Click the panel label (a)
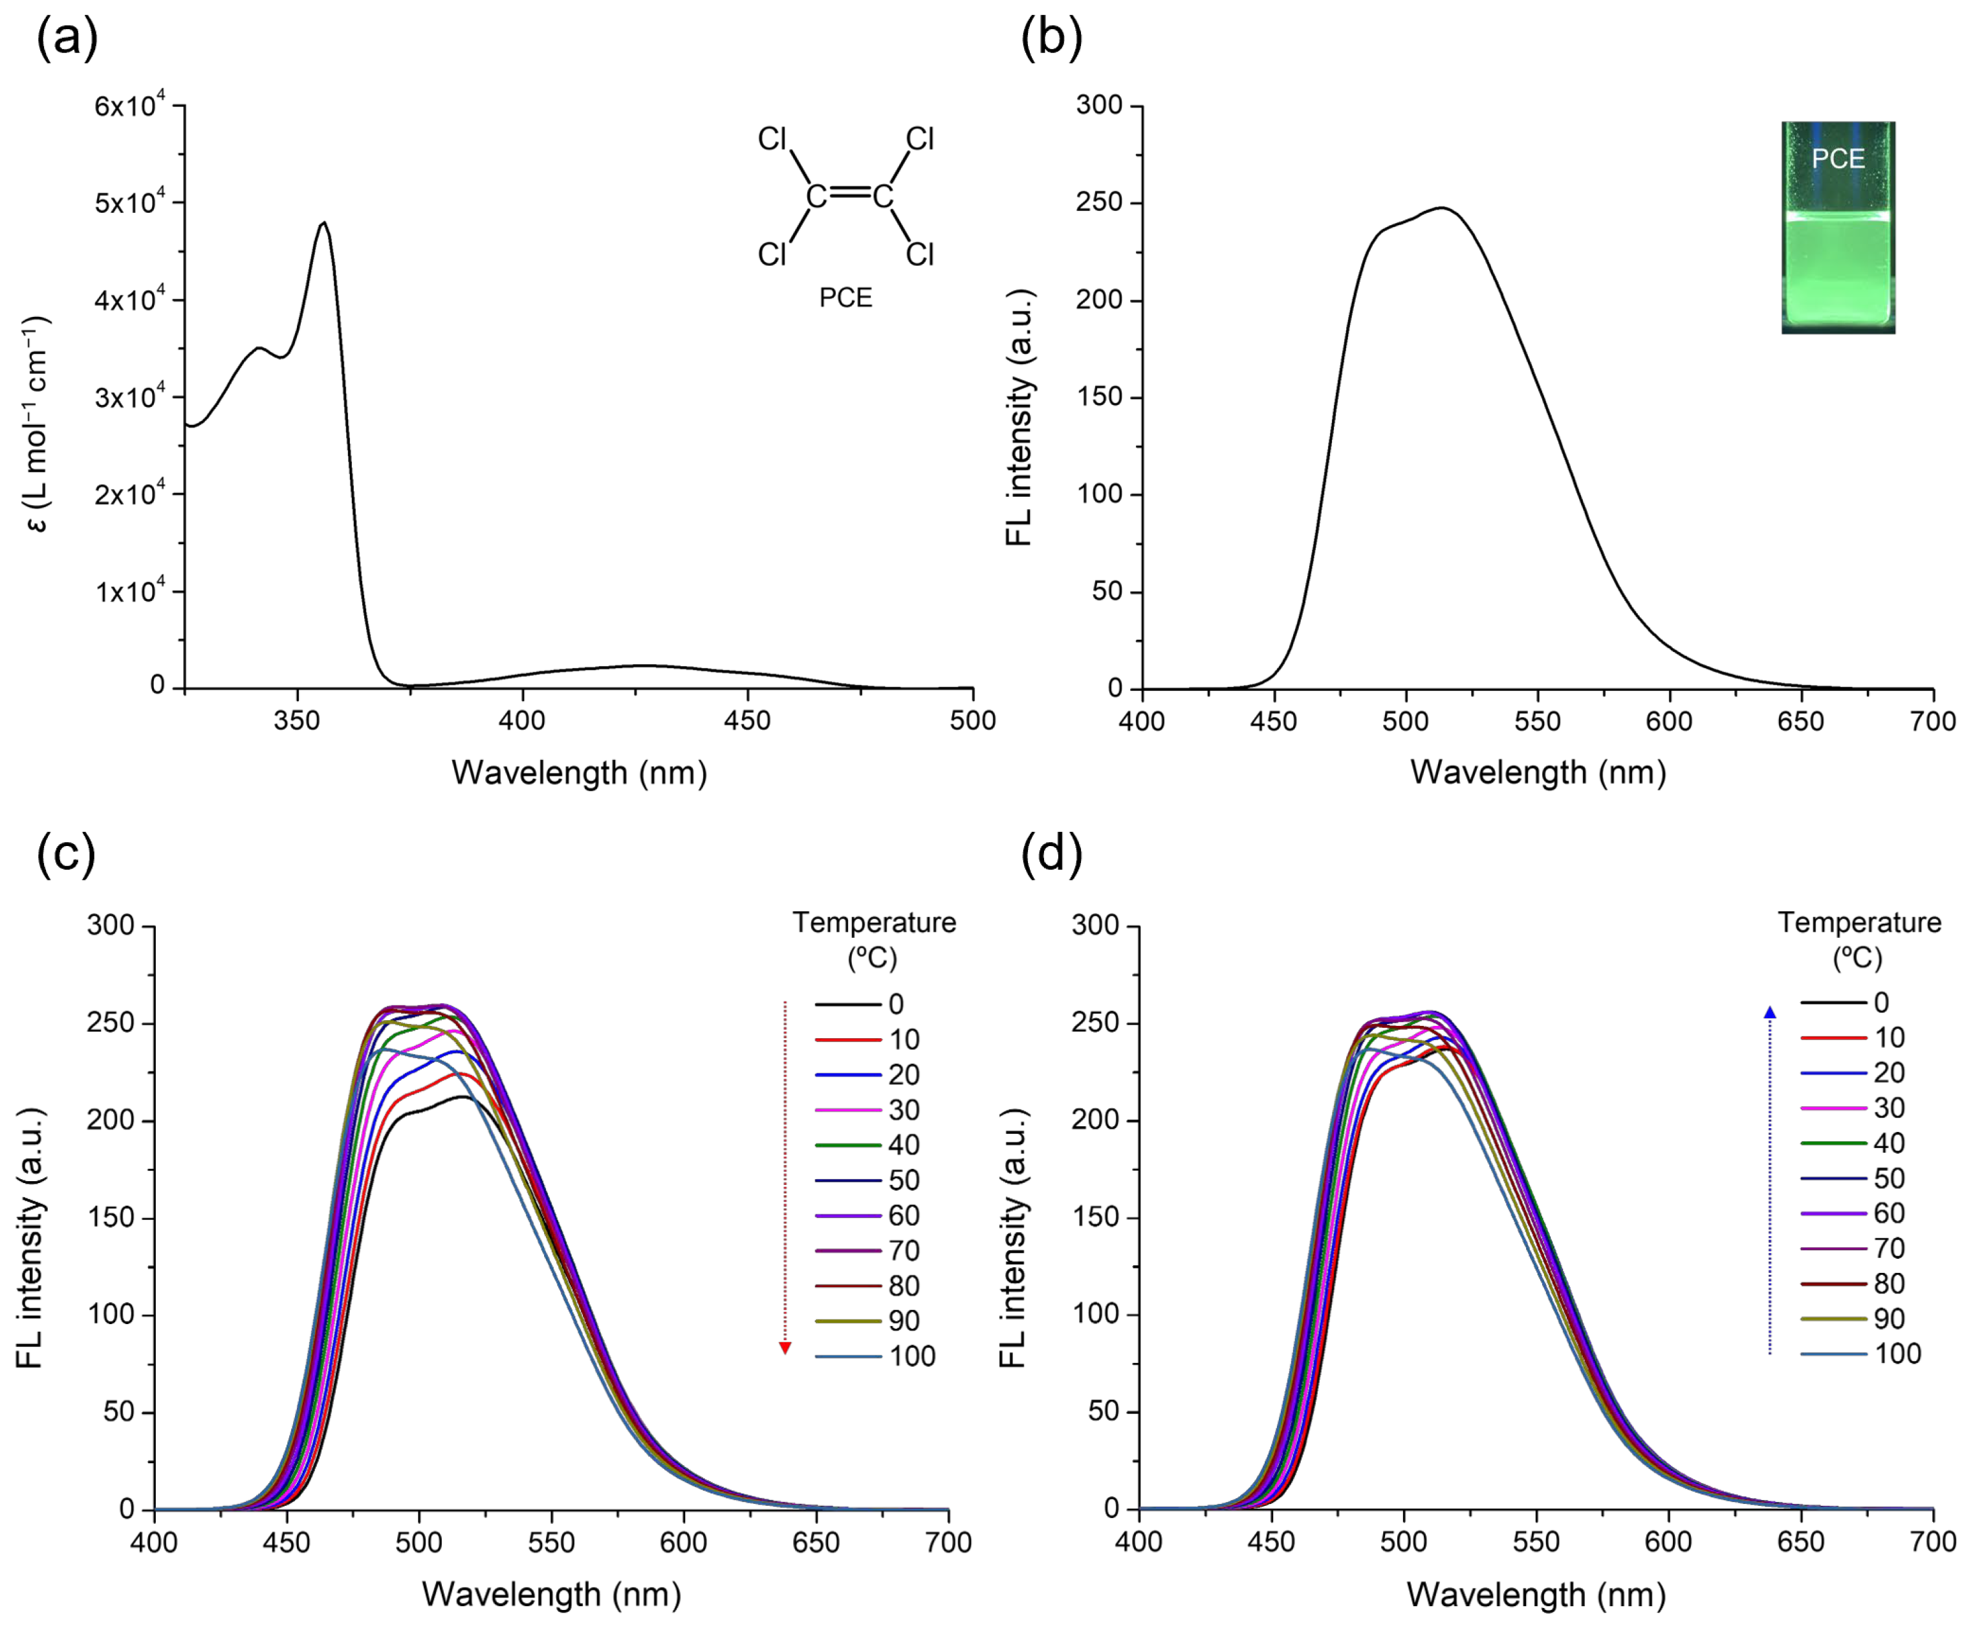(67, 39)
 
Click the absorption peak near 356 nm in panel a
(324, 223)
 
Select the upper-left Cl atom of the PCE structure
(772, 140)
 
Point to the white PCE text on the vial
(1838, 158)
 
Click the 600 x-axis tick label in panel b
(1669, 721)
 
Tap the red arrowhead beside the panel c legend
(785, 1349)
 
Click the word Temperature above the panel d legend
(1859, 923)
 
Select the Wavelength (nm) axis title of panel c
(550, 1594)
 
